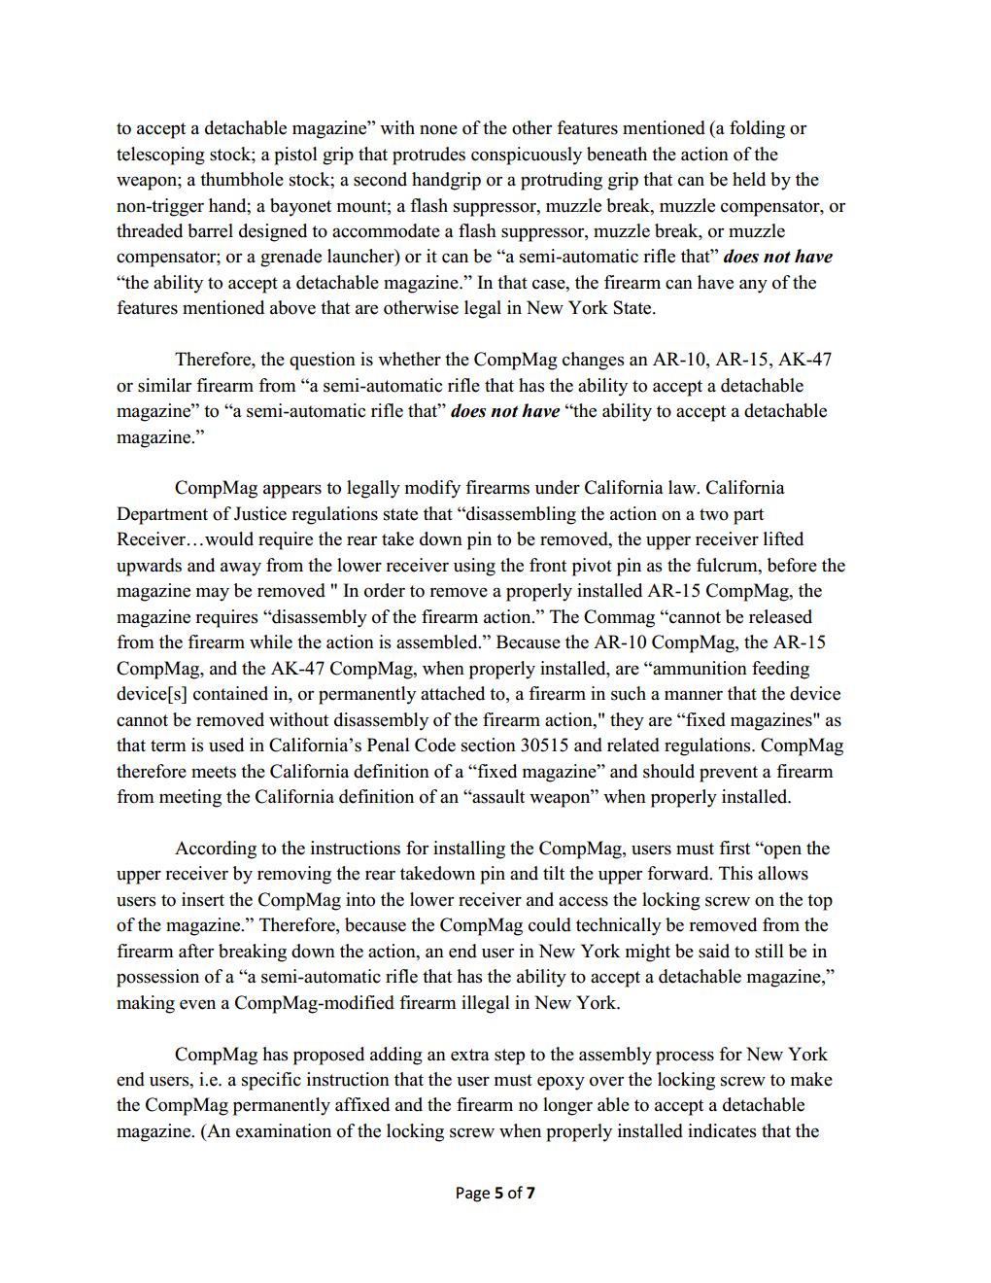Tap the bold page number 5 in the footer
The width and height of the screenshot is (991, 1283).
498,1192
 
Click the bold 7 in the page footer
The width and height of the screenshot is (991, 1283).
530,1192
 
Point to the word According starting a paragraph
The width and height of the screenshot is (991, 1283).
215,848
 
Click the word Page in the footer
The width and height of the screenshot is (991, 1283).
472,1192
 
